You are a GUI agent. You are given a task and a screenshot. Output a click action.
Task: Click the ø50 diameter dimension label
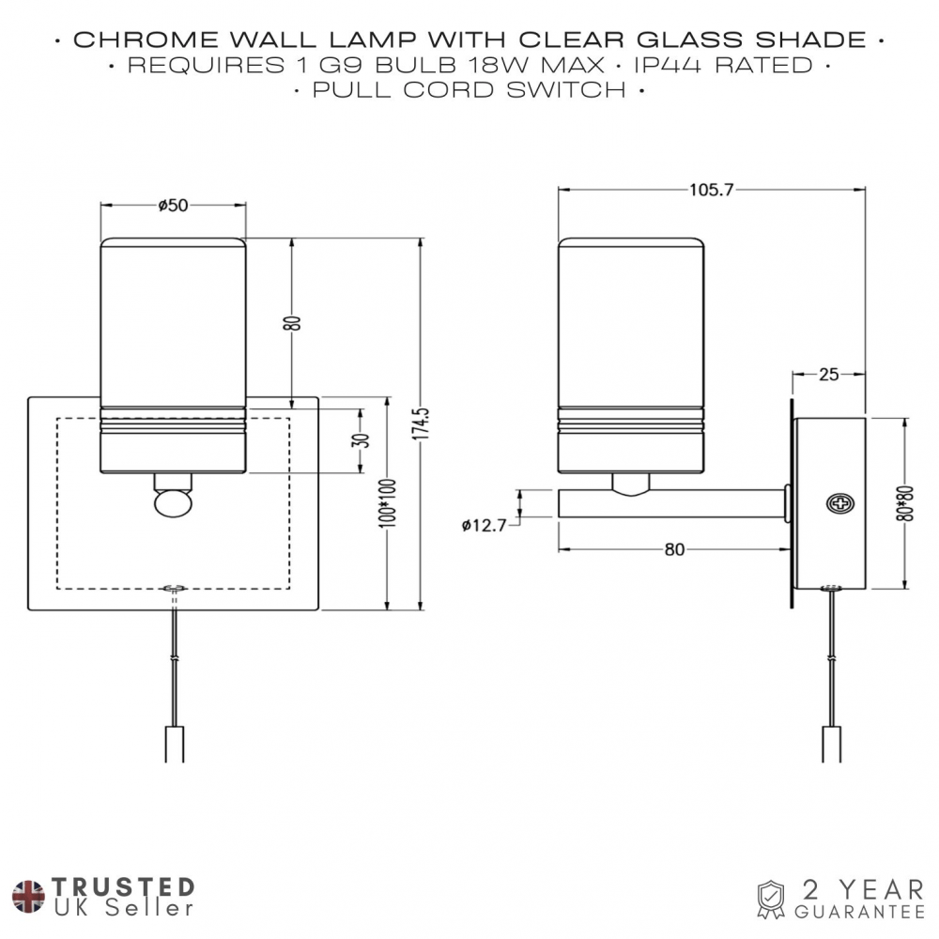coord(173,206)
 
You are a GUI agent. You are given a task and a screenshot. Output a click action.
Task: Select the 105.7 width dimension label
coord(711,190)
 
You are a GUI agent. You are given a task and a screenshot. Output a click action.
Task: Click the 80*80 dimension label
coord(906,502)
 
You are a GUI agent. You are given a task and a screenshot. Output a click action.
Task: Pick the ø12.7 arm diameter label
coord(485,526)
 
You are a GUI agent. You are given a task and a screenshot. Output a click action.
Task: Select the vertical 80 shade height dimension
coord(294,322)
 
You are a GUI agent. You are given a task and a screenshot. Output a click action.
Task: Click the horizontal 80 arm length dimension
coord(674,550)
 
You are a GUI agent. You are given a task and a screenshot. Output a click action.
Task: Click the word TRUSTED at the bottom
coord(123,887)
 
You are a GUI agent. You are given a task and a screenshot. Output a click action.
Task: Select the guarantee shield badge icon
coord(770,899)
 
